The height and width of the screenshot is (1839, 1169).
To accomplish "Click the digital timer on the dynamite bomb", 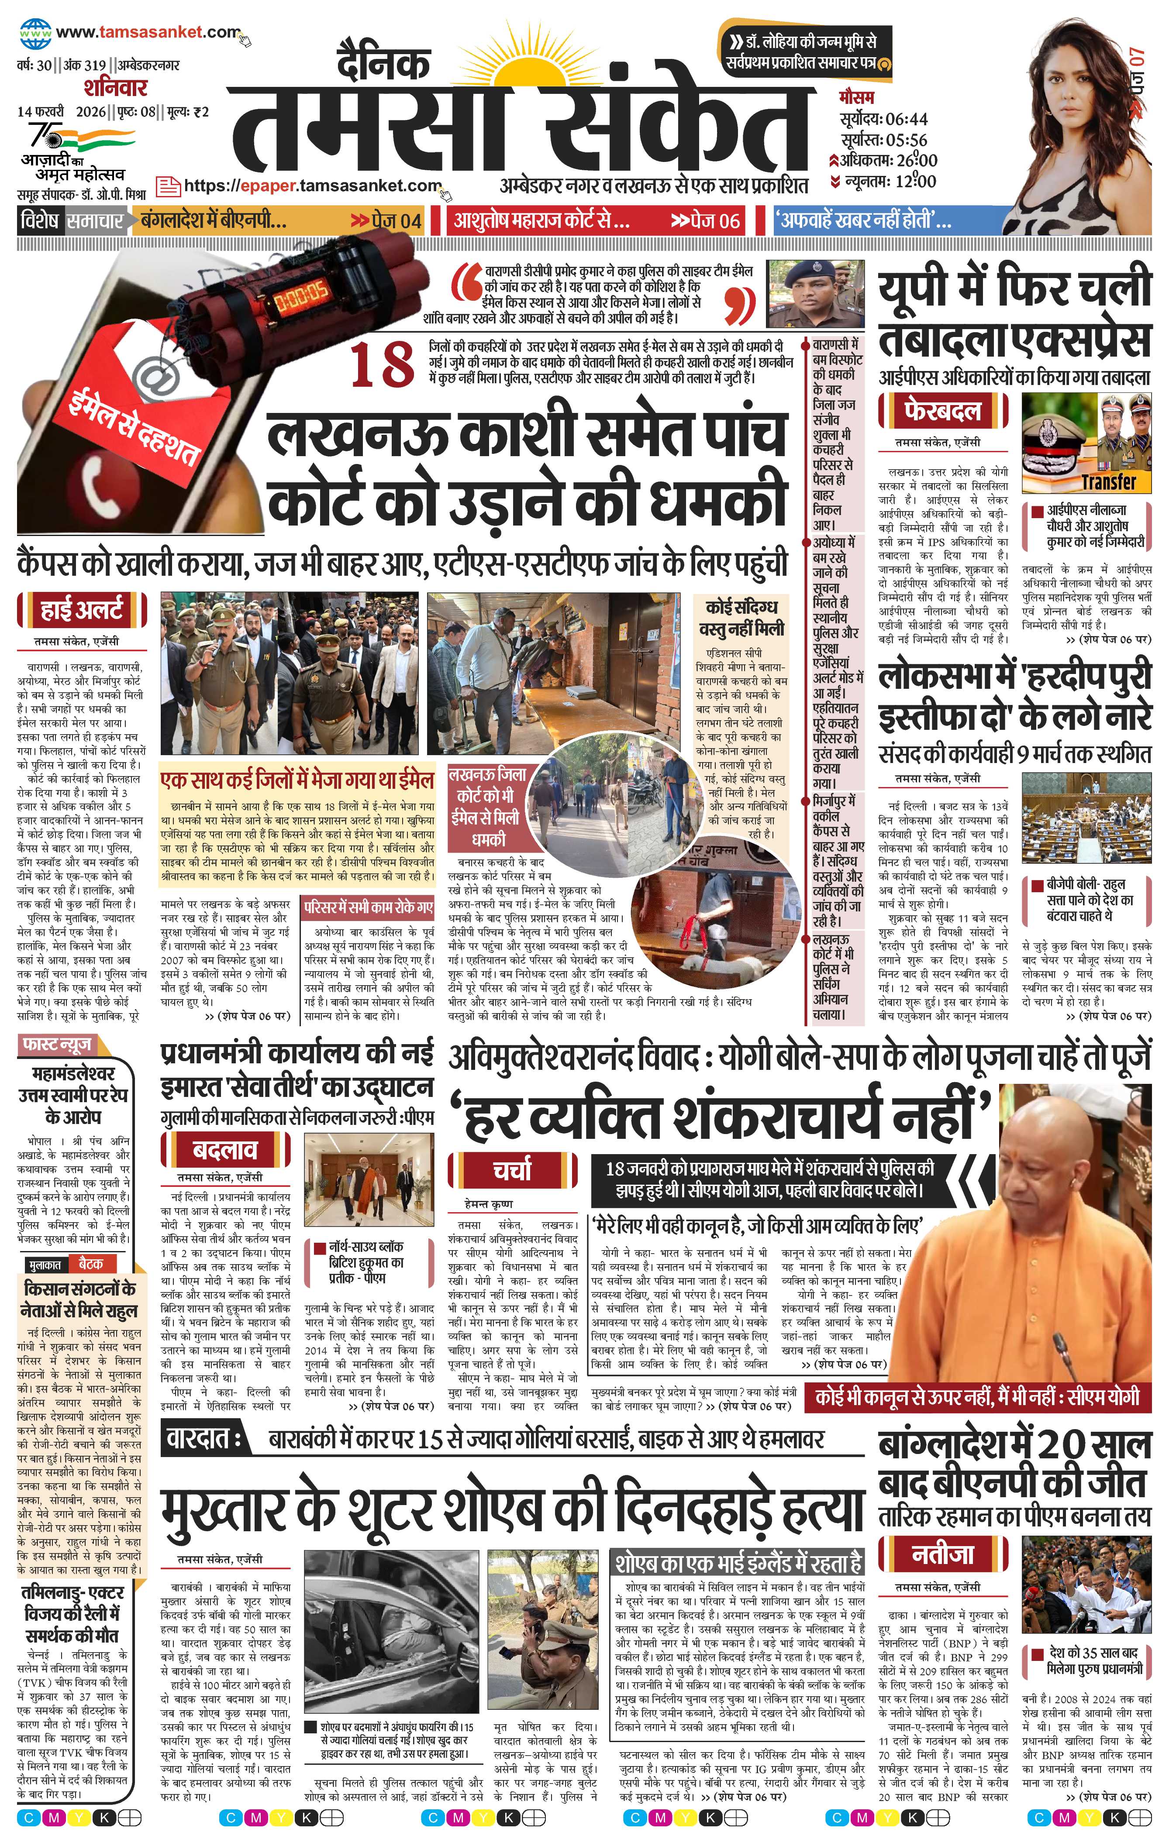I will tap(300, 292).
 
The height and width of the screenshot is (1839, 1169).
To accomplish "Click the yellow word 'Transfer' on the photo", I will tap(1108, 482).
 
